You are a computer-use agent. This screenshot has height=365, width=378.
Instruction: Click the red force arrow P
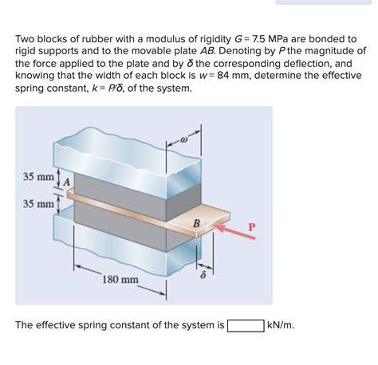point(234,232)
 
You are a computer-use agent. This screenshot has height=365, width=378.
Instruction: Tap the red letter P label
point(251,227)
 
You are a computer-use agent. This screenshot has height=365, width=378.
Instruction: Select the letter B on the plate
point(196,223)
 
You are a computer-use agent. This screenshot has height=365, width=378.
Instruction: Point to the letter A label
point(67,182)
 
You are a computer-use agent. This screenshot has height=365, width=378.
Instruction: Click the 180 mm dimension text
point(120,280)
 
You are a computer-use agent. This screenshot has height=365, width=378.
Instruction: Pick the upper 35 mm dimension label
point(38,177)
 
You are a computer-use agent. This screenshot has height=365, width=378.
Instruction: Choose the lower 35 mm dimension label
point(38,204)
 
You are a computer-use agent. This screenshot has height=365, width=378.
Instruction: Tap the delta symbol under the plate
point(203,275)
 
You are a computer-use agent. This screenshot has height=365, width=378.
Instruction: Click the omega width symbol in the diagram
point(184,139)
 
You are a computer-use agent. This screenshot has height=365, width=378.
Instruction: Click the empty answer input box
point(246,326)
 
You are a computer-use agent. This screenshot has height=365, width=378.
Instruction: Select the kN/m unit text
point(281,325)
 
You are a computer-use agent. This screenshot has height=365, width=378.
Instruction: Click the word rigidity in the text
point(215,40)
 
